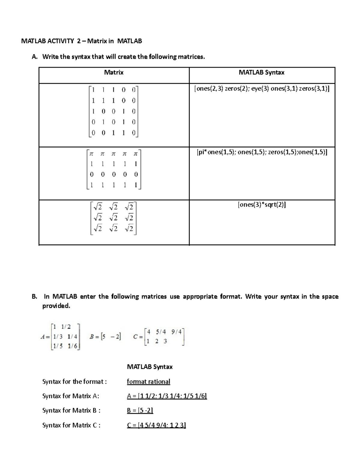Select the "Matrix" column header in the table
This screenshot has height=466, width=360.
(x=114, y=72)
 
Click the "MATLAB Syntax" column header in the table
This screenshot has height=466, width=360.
(x=262, y=72)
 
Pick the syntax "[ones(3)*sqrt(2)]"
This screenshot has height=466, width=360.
(x=262, y=205)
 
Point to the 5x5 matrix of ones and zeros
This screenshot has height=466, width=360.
(x=113, y=111)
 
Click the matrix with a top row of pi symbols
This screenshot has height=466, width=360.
(x=114, y=169)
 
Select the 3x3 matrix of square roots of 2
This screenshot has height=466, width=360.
(x=113, y=218)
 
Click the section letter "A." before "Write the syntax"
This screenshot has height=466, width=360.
(x=34, y=57)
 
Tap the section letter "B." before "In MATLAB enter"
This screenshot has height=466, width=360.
(x=34, y=296)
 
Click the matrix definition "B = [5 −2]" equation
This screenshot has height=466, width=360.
(x=105, y=337)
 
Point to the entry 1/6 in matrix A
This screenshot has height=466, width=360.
(x=73, y=346)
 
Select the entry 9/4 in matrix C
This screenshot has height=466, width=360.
(x=176, y=332)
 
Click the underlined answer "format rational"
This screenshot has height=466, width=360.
(x=148, y=382)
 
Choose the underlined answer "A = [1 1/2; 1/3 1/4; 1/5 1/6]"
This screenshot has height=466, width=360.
(x=167, y=396)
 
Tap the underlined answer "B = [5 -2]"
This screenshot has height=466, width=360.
(x=140, y=410)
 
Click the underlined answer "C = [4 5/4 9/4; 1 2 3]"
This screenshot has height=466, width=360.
(x=156, y=425)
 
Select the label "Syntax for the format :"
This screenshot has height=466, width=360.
(x=74, y=382)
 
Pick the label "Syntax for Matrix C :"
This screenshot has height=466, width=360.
(x=71, y=425)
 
